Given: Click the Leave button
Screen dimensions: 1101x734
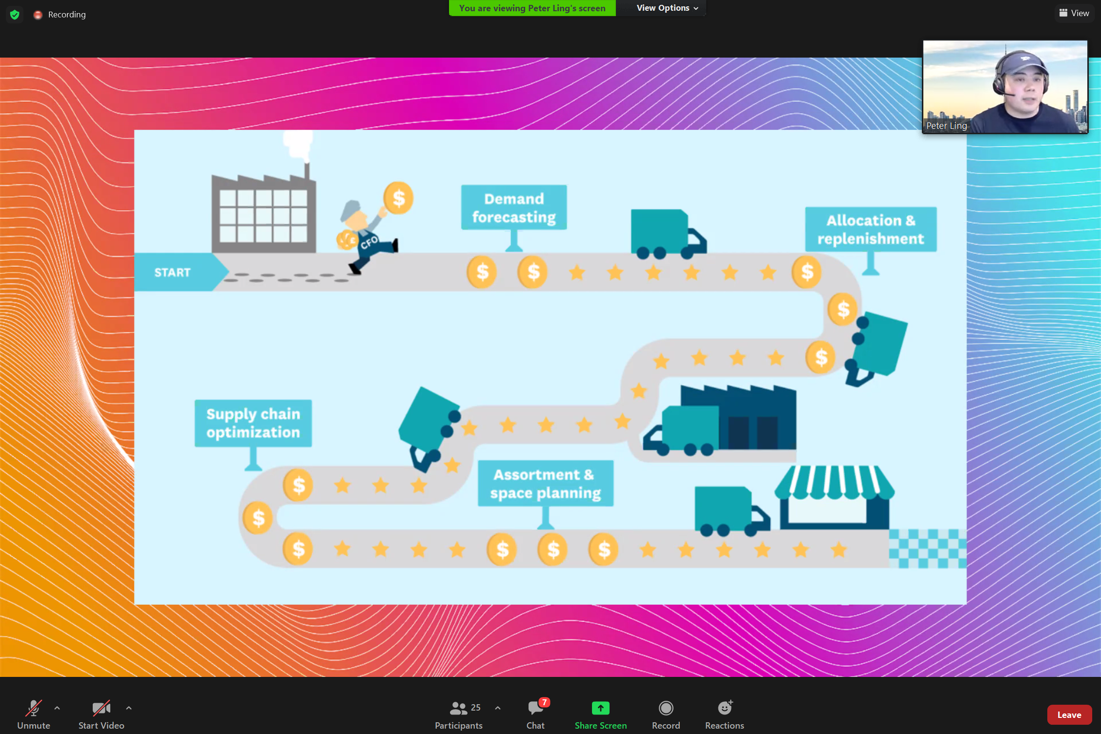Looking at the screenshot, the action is click(x=1069, y=715).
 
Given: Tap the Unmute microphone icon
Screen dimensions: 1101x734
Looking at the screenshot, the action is click(x=33, y=708).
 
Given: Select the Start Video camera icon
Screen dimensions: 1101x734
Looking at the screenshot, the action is click(x=101, y=708).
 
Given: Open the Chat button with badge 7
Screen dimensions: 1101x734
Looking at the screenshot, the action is click(x=535, y=708).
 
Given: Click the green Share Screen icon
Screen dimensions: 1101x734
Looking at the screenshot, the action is click(x=600, y=708).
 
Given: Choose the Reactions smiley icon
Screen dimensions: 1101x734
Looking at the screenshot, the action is click(x=725, y=708).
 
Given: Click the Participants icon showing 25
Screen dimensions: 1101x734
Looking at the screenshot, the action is click(x=459, y=708).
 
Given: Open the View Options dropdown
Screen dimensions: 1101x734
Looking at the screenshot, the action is click(x=667, y=8).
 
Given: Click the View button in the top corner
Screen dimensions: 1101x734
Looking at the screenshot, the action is click(x=1074, y=13).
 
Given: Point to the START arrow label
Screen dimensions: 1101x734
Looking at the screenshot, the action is click(x=173, y=272).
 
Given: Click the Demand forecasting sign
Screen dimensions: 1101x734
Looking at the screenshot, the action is click(x=514, y=207).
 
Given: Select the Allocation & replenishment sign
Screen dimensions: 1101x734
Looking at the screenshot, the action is click(x=871, y=229).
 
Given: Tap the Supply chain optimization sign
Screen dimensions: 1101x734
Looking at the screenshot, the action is click(x=253, y=423).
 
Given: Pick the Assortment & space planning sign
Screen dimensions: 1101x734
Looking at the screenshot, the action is click(x=546, y=483).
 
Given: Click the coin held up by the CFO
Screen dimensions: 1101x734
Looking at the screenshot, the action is click(x=398, y=198).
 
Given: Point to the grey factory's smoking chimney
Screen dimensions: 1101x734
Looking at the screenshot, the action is click(x=306, y=168).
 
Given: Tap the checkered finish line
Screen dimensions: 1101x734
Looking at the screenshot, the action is click(x=927, y=549).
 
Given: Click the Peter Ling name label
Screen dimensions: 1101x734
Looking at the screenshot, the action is click(x=946, y=126).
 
